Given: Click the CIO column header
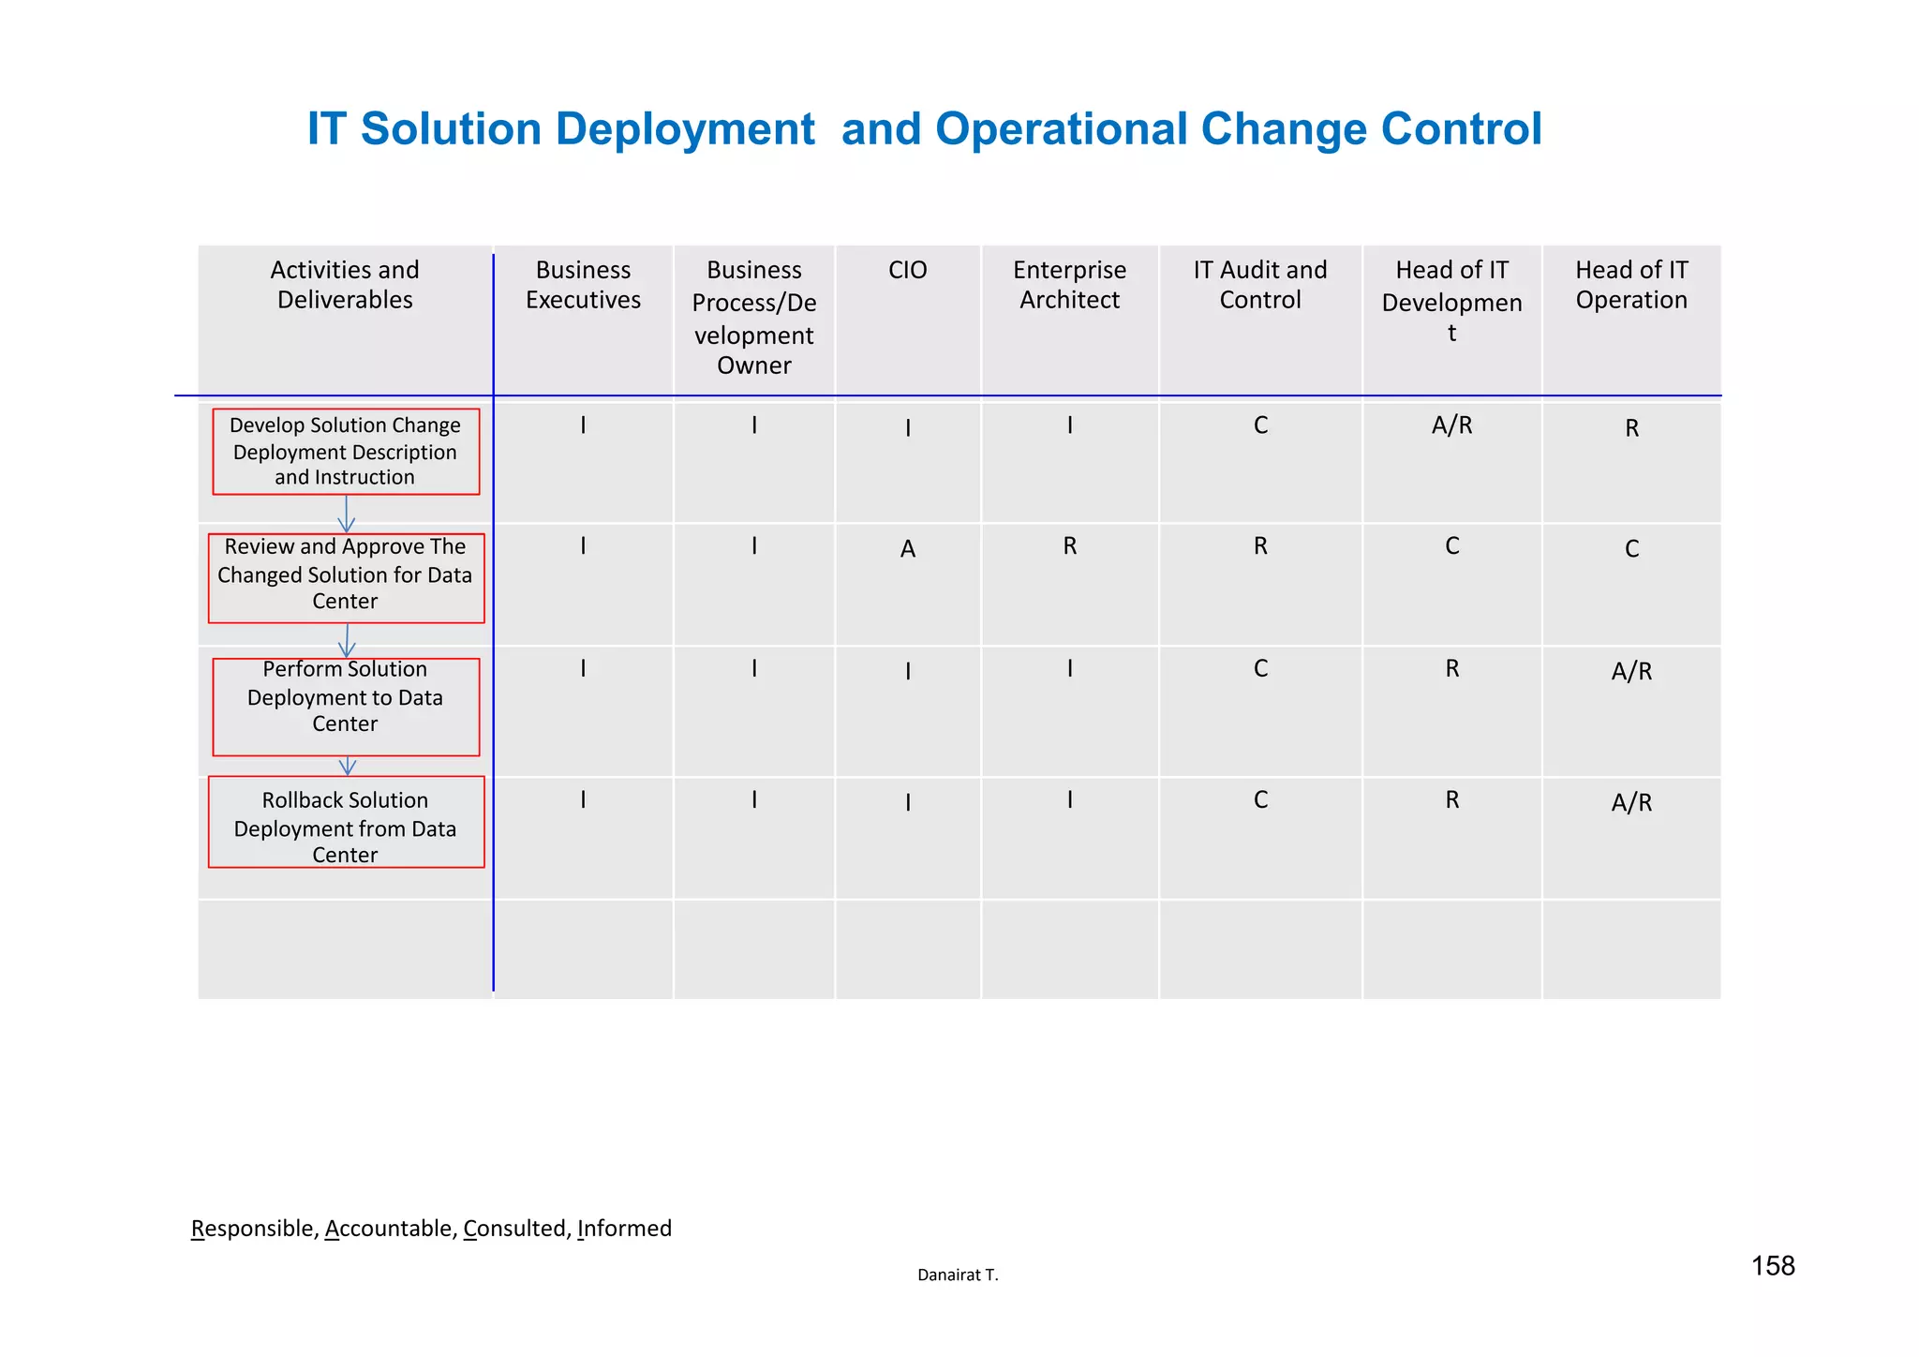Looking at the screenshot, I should tap(907, 271).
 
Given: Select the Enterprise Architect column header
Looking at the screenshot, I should tap(1069, 285).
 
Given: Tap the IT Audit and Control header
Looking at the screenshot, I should tap(1259, 285).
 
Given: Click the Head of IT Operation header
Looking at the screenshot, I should tap(1630, 285).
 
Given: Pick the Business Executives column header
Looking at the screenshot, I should tap(583, 285).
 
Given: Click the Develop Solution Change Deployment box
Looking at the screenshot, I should tap(346, 452).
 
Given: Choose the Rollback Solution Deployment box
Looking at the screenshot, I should tap(346, 822).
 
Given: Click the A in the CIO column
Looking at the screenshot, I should tap(907, 549).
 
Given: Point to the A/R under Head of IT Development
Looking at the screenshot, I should tap(1451, 426).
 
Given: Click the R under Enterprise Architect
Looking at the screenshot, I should tap(1069, 546).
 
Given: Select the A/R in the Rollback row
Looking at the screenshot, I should tap(1630, 803).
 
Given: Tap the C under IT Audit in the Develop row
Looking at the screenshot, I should tap(1260, 426).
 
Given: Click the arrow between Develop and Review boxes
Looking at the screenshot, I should tap(347, 514).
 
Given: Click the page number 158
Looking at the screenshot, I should tap(1772, 1267).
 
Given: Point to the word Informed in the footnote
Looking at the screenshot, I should tap(624, 1229).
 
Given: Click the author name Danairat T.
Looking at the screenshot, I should tap(958, 1275).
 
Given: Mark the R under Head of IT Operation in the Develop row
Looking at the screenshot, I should tap(1631, 429).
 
